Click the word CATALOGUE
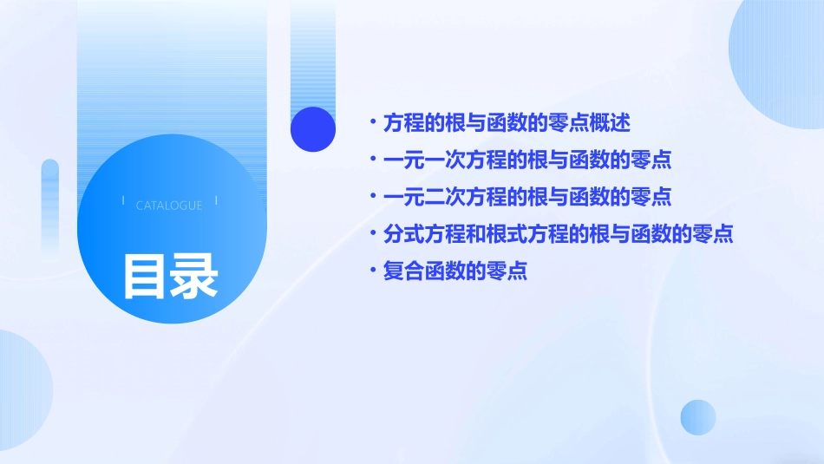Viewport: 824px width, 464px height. tap(169, 206)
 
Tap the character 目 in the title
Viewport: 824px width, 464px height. tap(144, 276)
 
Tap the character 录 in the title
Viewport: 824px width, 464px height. tap(193, 276)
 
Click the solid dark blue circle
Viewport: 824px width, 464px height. tap(313, 129)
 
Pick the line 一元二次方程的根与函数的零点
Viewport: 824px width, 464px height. tap(527, 197)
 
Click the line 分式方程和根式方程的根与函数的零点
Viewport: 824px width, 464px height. tap(559, 233)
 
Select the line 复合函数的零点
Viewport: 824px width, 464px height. tap(455, 271)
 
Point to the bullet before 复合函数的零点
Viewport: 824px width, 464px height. tap(372, 271)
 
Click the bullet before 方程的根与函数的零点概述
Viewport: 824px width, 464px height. tap(372, 122)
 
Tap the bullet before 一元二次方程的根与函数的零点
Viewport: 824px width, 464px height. tap(372, 197)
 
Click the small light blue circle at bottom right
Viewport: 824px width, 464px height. tap(698, 417)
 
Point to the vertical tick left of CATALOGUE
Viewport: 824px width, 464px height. tap(123, 201)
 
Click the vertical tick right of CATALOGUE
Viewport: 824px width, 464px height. tap(216, 201)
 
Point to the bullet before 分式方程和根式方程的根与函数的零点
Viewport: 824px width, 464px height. tap(372, 233)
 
